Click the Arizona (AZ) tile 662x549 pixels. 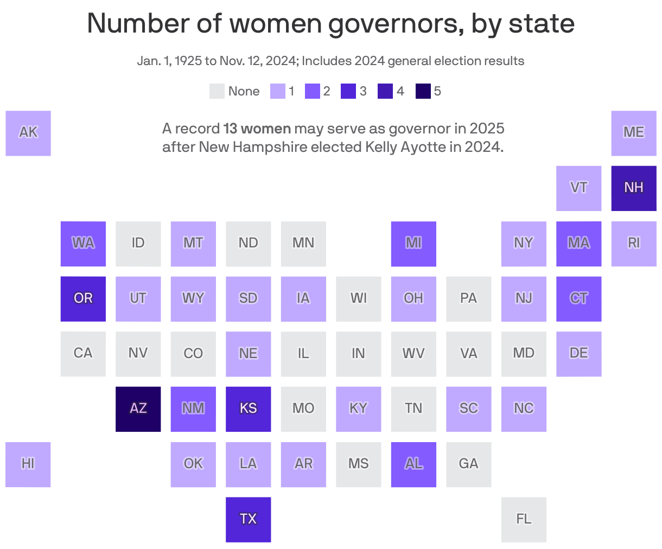click(138, 409)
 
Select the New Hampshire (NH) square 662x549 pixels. click(633, 188)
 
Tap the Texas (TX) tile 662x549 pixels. click(248, 520)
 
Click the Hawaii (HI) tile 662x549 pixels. click(28, 464)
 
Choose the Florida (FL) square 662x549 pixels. click(524, 520)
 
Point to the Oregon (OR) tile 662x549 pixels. click(83, 299)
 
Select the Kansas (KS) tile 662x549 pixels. click(248, 409)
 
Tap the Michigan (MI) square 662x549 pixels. click(413, 244)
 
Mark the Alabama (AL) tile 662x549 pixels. click(413, 464)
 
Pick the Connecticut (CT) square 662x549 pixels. click(578, 299)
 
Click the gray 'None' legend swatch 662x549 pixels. click(217, 91)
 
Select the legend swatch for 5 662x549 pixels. click(423, 91)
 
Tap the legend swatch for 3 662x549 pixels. click(348, 91)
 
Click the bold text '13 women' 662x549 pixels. click(257, 129)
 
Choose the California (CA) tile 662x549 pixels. click(83, 354)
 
